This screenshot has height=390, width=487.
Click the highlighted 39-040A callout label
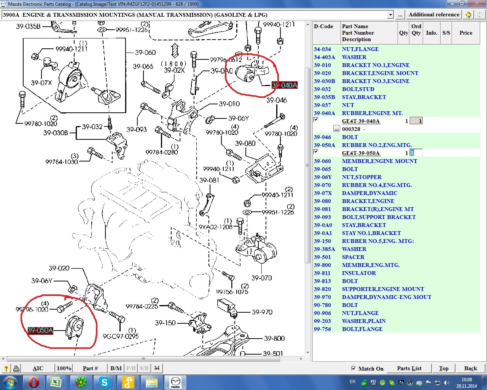(285, 85)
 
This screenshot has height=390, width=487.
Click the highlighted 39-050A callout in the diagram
(40, 330)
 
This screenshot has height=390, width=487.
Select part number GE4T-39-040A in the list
(361, 121)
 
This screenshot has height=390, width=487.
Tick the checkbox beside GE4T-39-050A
(316, 152)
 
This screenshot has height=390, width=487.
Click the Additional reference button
(434, 15)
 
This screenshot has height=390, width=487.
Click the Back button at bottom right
(471, 368)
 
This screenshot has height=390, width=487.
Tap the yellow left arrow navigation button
(468, 15)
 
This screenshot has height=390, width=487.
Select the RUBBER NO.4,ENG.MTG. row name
(377, 185)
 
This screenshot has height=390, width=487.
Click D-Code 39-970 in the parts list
(322, 297)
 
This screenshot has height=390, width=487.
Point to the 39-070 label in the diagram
(262, 278)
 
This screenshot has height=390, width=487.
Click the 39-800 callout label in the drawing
(274, 338)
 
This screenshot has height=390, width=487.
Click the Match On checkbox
(353, 368)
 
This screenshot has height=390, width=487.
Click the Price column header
(466, 33)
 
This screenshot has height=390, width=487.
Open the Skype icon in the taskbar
(104, 382)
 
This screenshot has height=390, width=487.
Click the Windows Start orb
(10, 382)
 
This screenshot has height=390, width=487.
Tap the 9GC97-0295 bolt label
(121, 336)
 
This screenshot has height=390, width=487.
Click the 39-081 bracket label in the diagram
(209, 180)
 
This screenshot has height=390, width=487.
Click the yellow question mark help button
(6, 369)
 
